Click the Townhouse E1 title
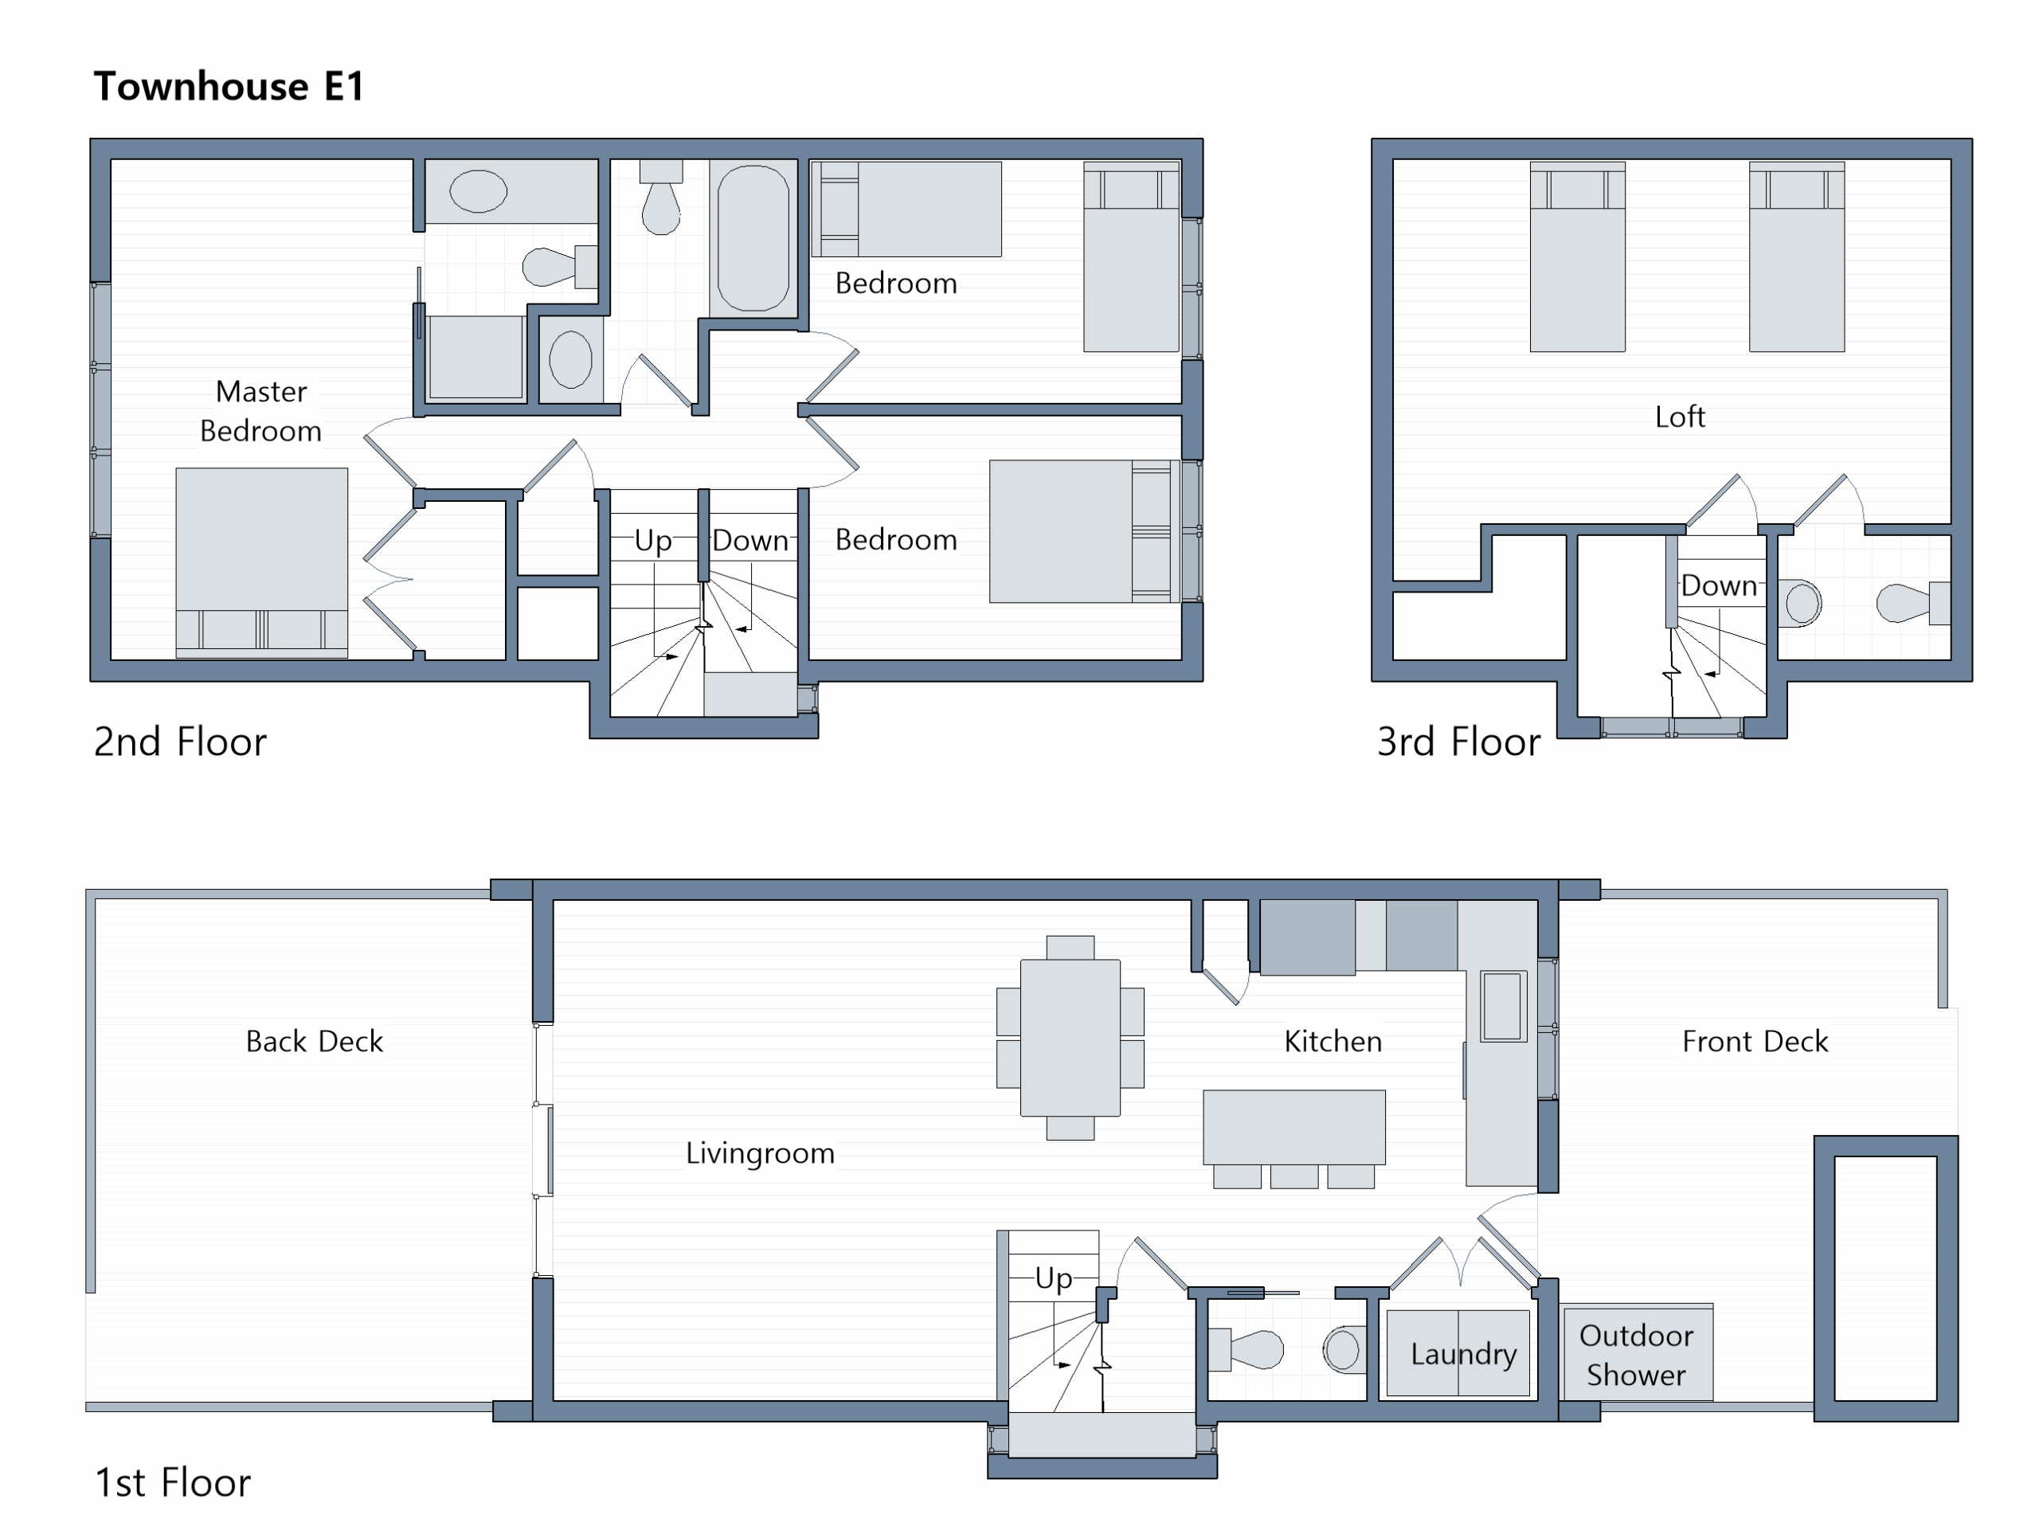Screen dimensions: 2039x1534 [229, 87]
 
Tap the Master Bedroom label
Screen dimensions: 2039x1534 [261, 411]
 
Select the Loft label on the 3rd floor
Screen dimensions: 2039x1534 [1680, 417]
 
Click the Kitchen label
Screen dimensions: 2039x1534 [1333, 1042]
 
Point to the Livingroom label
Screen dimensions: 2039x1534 [760, 1153]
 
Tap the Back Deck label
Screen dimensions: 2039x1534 [315, 1042]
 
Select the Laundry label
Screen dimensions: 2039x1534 [1464, 1354]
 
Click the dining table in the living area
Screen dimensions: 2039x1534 [1070, 1038]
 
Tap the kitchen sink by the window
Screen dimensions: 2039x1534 [1502, 1006]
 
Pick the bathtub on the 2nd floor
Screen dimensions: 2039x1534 [753, 238]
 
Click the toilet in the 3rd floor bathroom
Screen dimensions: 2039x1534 [1912, 603]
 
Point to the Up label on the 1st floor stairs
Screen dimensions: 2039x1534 [1054, 1278]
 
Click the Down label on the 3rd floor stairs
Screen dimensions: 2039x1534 [1719, 585]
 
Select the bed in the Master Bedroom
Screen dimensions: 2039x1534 [262, 562]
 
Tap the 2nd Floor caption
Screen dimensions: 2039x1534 [181, 742]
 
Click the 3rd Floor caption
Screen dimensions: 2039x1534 [1458, 742]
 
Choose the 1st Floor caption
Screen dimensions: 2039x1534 [172, 1483]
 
